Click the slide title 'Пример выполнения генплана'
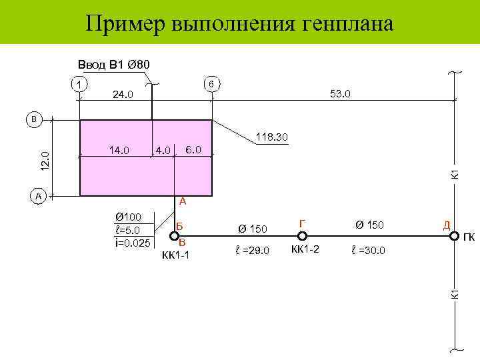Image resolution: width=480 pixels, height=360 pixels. (x=239, y=24)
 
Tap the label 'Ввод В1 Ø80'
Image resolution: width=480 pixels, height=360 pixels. (x=114, y=65)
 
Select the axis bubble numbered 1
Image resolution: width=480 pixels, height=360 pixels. (x=79, y=85)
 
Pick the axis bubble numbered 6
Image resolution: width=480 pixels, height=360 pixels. (x=211, y=85)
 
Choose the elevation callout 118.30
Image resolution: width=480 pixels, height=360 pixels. (x=271, y=137)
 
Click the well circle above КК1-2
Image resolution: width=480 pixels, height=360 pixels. (x=302, y=235)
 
